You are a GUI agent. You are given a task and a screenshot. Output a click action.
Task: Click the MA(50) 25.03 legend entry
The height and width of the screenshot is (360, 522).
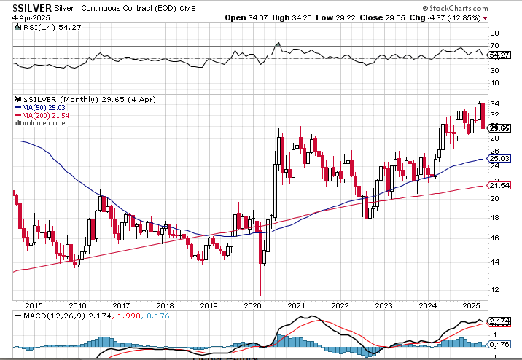pos(49,107)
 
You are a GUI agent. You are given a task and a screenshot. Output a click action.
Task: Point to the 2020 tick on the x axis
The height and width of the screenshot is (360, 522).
pos(252,305)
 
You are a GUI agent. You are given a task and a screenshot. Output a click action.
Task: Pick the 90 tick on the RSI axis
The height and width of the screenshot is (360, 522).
pos(494,33)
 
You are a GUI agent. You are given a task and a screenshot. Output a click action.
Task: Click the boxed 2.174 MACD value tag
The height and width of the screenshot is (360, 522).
pos(499,321)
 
